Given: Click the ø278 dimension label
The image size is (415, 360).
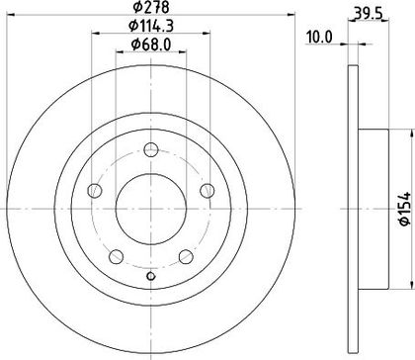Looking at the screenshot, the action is coord(151,7).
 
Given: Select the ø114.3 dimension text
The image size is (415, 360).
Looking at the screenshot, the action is coord(151,26).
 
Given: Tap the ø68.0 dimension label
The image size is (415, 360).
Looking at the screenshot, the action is coord(151,45).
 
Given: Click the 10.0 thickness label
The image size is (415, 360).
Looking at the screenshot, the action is coord(319,38).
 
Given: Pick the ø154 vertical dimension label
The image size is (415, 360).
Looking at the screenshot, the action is coord(405,209).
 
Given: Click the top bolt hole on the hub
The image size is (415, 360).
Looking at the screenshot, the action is coord(151,149).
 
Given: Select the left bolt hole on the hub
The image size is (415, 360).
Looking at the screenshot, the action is coord(95,191).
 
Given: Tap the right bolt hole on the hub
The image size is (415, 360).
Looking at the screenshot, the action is coord(207,191).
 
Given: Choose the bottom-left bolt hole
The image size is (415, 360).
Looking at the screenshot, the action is coord(117,256).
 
